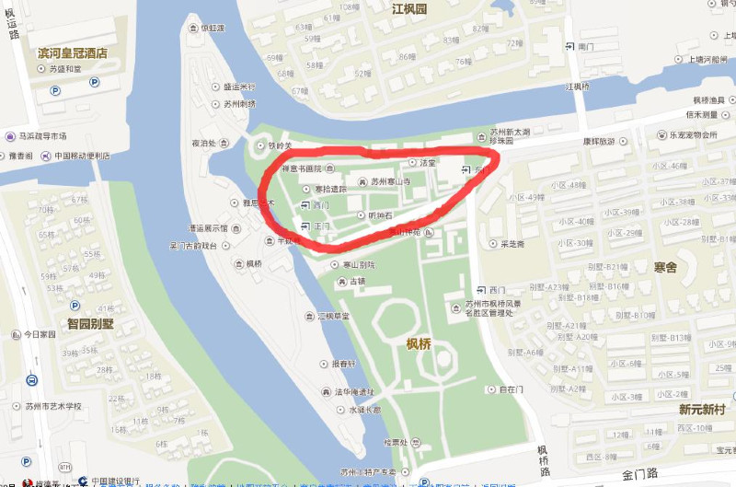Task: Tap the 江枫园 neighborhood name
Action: pyautogui.click(x=409, y=9)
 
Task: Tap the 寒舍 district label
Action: pyautogui.click(x=664, y=267)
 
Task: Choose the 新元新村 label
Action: pyautogui.click(x=702, y=409)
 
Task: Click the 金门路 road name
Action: pyautogui.click(x=640, y=475)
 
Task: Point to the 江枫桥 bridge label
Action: pyautogui.click(x=576, y=87)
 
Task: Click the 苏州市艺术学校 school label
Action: pyautogui.click(x=52, y=406)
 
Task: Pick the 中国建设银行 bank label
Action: pyautogui.click(x=113, y=481)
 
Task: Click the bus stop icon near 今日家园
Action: pyautogui.click(x=31, y=379)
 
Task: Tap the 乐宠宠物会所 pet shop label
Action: pyautogui.click(x=685, y=134)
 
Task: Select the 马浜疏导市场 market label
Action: pyautogui.click(x=37, y=135)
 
